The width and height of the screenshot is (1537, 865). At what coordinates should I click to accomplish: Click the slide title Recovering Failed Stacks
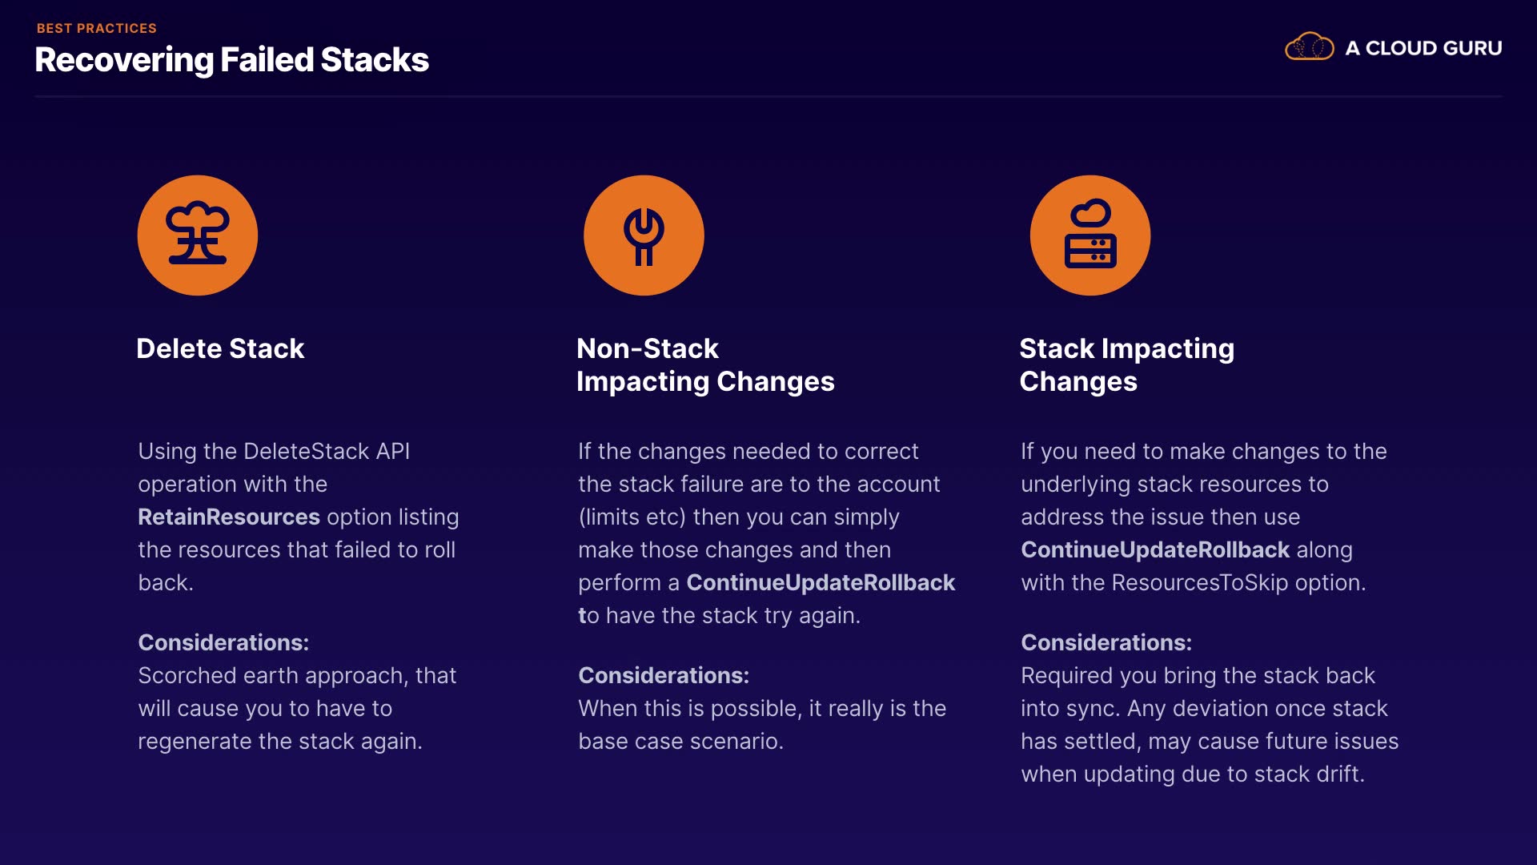(232, 60)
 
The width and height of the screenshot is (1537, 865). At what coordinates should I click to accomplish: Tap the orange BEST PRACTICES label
(97, 28)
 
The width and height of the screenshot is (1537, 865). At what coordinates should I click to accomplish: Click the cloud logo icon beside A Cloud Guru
(1310, 47)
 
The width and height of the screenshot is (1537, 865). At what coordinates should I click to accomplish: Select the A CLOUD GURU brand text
(1423, 48)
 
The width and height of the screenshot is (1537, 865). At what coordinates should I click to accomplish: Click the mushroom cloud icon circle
(198, 235)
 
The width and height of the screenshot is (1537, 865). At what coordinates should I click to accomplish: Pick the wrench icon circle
(644, 235)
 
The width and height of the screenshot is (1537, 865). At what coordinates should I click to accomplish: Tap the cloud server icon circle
(1090, 235)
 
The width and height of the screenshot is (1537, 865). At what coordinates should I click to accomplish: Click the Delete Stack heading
(220, 348)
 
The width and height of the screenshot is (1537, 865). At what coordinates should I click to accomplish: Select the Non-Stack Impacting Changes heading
(705, 365)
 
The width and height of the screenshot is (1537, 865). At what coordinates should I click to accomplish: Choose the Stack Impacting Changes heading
(1127, 365)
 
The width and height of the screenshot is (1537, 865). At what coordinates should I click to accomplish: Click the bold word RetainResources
(229, 517)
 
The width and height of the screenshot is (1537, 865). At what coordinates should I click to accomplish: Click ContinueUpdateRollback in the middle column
(821, 582)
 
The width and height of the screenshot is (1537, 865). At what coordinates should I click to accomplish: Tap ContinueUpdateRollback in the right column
(1155, 549)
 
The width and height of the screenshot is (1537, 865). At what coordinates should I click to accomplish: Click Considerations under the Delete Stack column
(223, 642)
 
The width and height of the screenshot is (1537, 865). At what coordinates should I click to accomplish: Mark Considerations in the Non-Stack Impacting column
(664, 675)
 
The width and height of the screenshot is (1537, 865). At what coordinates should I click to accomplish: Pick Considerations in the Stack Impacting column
(1106, 642)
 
